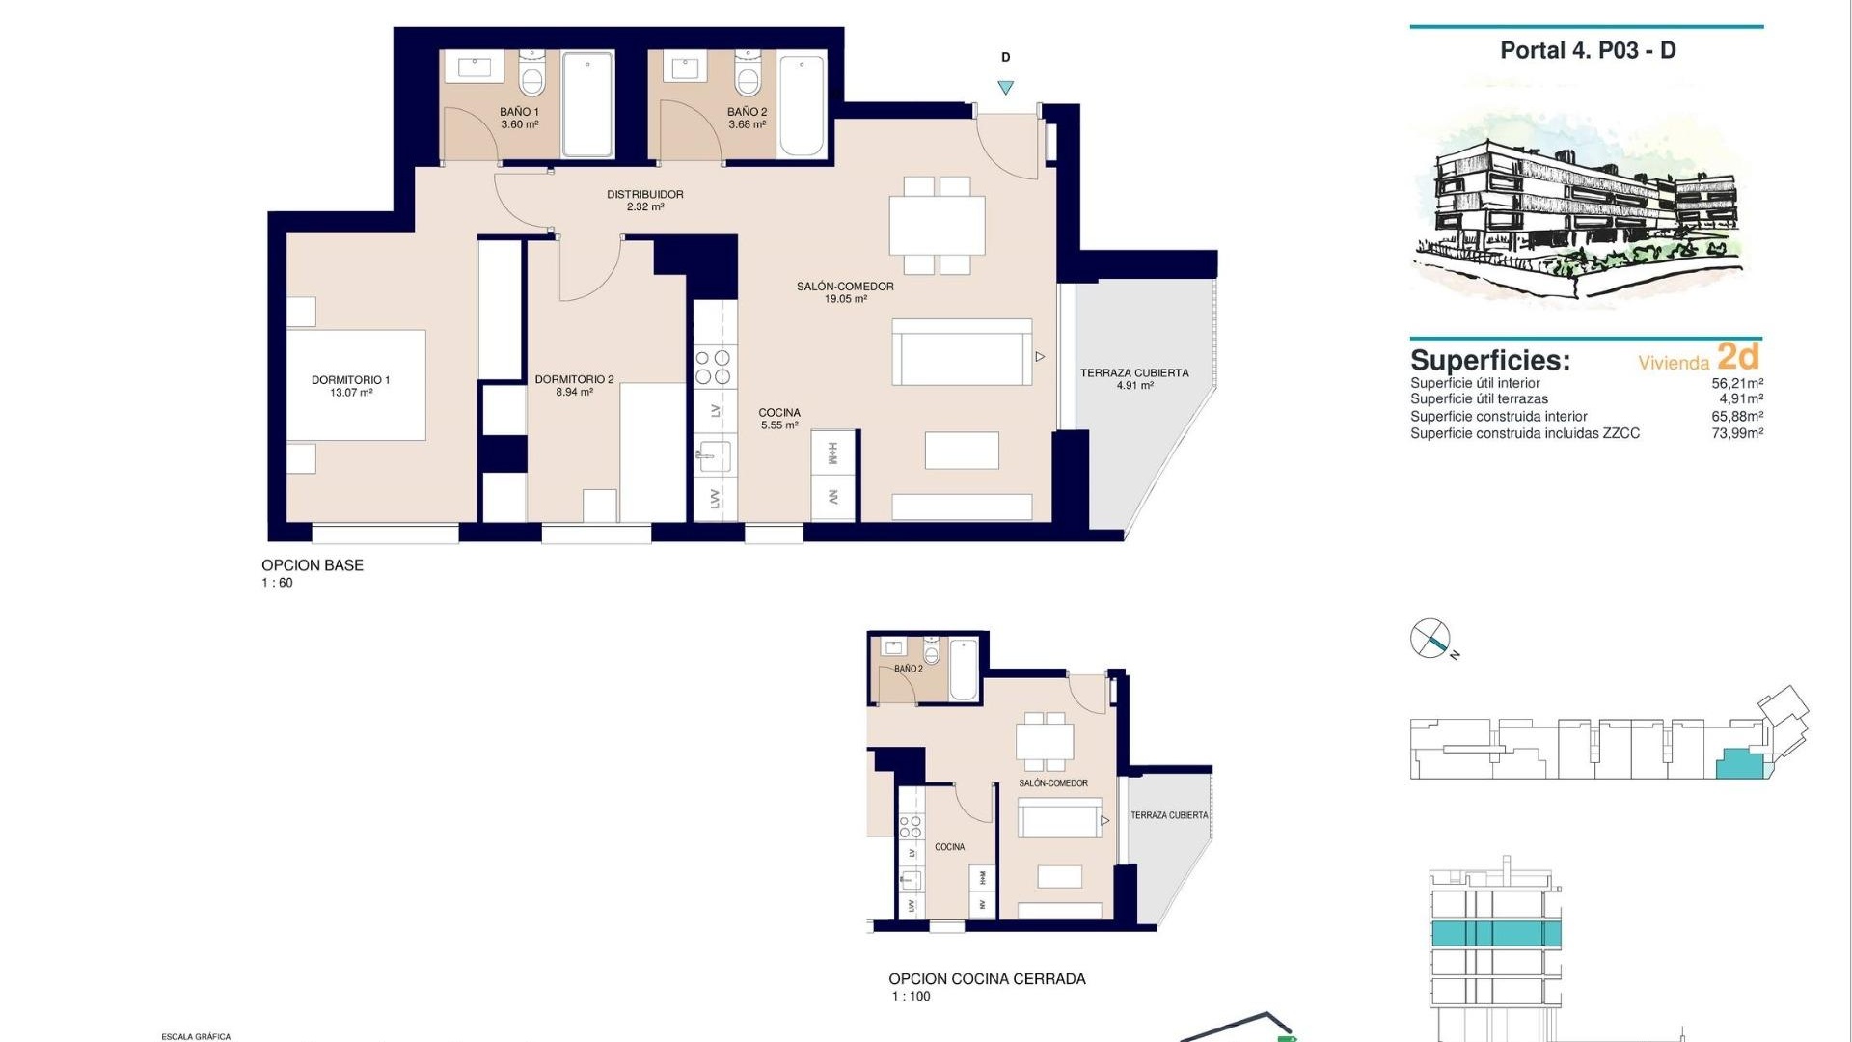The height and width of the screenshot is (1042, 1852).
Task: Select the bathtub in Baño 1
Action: click(587, 104)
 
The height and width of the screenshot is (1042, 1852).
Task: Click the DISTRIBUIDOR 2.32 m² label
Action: click(644, 200)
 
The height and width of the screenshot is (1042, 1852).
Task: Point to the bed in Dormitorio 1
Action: click(356, 385)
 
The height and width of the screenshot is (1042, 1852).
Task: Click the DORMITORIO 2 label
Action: click(574, 379)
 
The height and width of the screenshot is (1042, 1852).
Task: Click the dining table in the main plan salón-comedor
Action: click(937, 225)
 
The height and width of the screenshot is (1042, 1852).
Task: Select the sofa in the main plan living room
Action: click(962, 353)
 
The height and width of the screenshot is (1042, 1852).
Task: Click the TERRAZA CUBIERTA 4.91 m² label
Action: click(1133, 378)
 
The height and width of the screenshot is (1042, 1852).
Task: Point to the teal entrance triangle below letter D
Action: click(1005, 88)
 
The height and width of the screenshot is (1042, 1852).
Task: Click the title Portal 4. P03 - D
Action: click(1587, 50)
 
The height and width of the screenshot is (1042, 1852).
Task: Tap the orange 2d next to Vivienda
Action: click(1738, 357)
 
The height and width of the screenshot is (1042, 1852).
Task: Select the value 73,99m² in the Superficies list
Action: click(1737, 433)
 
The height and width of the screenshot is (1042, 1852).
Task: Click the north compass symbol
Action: click(1430, 639)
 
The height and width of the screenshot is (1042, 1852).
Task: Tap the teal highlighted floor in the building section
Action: click(1494, 933)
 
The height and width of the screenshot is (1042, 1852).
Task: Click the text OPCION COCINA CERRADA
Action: click(987, 978)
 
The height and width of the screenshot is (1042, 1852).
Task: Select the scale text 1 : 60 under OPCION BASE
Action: click(277, 583)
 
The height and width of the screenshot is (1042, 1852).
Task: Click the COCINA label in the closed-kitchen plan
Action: click(949, 846)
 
